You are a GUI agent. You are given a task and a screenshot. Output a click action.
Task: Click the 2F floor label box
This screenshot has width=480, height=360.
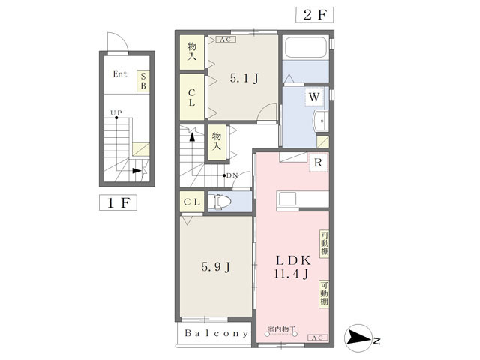coord(314,14)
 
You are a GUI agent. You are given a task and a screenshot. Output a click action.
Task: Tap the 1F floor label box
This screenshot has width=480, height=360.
coord(117,202)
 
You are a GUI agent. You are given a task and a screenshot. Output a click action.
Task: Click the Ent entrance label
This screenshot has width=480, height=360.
coord(120,74)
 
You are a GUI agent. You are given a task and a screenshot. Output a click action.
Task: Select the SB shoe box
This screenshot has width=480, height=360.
coord(142,80)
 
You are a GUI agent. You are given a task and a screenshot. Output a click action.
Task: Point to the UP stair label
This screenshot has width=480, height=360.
coord(116,114)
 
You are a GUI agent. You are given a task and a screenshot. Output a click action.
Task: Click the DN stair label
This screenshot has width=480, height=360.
coord(232,175)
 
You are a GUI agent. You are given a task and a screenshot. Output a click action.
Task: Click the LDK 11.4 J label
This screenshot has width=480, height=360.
coord(292,267)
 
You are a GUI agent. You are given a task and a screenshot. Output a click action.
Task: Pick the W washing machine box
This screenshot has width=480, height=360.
coord(313,96)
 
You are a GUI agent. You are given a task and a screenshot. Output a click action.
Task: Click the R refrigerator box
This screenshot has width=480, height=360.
coord(319,162)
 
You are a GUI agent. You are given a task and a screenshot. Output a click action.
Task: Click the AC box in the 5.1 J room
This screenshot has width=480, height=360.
coord(225,40)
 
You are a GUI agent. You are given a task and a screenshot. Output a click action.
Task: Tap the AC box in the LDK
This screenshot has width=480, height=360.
coord(316,338)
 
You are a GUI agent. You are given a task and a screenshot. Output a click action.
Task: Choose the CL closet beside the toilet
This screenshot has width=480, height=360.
coord(192,202)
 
